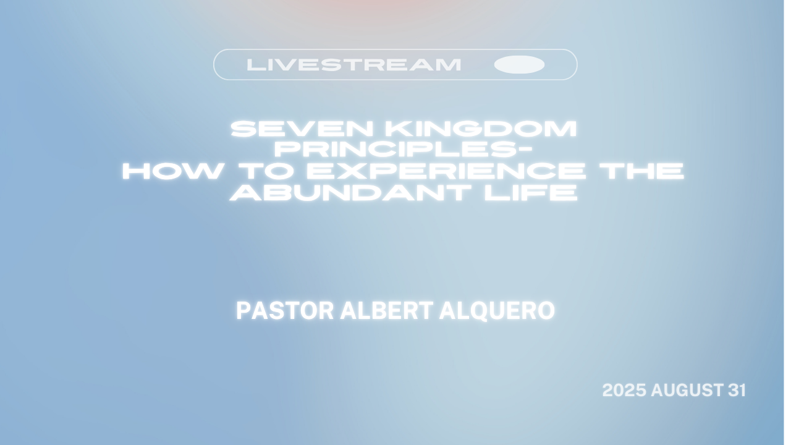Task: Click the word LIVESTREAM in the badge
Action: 354,65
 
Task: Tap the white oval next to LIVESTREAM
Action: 519,65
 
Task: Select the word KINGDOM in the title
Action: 481,129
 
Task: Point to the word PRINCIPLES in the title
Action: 395,150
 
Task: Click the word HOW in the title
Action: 172,171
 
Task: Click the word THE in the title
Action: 642,171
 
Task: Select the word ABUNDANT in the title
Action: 350,193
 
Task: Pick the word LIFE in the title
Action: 531,193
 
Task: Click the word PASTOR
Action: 285,311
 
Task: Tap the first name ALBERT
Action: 387,311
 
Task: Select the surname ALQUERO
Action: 497,311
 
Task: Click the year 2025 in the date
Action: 624,390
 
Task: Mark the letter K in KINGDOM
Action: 395,129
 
